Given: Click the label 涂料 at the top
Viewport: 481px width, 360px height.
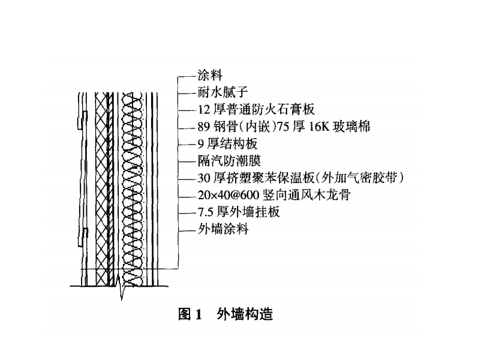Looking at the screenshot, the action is click(x=210, y=75).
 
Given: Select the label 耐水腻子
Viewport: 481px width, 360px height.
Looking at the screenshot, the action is click(x=223, y=92).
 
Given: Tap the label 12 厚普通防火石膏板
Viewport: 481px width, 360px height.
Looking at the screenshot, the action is click(x=256, y=109).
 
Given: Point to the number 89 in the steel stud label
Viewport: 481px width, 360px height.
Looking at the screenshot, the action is click(x=204, y=127).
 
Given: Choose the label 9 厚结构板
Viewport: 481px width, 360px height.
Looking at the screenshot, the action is click(x=227, y=143).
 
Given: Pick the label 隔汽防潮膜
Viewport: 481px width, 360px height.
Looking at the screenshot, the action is click(x=229, y=161).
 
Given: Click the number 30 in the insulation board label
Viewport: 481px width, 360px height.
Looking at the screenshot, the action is click(x=204, y=178).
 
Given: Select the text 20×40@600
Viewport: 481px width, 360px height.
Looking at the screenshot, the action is click(x=229, y=195).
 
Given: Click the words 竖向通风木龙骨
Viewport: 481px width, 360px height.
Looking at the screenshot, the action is click(x=306, y=195).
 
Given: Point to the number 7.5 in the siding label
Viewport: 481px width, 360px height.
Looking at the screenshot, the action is click(x=205, y=212).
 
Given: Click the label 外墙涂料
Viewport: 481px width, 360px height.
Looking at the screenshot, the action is click(x=223, y=229).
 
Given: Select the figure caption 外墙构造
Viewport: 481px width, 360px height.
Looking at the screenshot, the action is click(x=245, y=314).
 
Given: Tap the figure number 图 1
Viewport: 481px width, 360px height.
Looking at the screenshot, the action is click(x=190, y=314).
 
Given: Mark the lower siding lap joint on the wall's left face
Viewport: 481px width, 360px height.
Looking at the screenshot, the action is click(x=83, y=237).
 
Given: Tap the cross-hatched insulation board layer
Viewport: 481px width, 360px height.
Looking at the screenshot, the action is click(x=103, y=190).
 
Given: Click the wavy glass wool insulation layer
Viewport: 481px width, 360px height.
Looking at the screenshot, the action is click(x=133, y=190).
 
